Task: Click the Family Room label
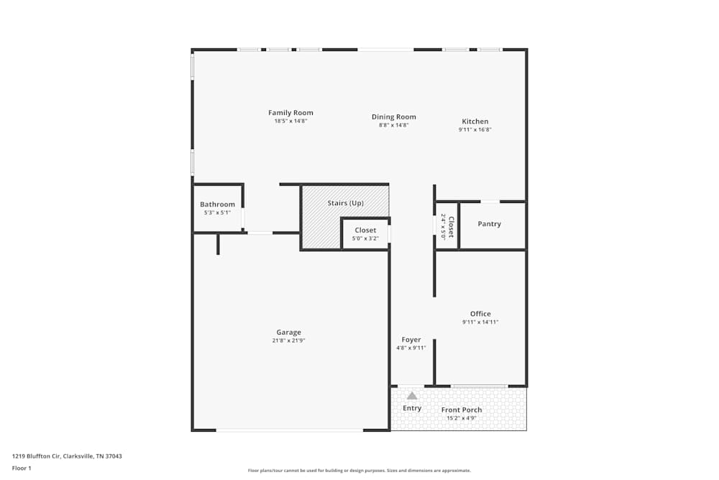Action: coord(290,113)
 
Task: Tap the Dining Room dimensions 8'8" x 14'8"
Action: coord(393,125)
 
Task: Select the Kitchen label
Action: coord(475,122)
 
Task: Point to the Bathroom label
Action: coord(217,204)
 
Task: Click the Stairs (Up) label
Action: coord(345,203)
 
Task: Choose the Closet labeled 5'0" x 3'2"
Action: coord(365,230)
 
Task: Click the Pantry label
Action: coord(489,224)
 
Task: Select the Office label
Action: coord(480,314)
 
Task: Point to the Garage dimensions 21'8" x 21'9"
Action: coord(289,340)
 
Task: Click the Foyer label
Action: coord(411,340)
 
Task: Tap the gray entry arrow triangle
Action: coord(412,395)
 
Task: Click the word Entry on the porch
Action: coord(412,409)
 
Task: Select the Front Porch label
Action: coord(462,410)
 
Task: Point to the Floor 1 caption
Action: coord(22,468)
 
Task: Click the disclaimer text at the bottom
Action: coord(359,471)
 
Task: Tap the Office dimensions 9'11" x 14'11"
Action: coord(480,322)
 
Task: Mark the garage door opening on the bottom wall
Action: coord(289,430)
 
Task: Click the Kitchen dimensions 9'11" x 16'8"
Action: coord(475,130)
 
